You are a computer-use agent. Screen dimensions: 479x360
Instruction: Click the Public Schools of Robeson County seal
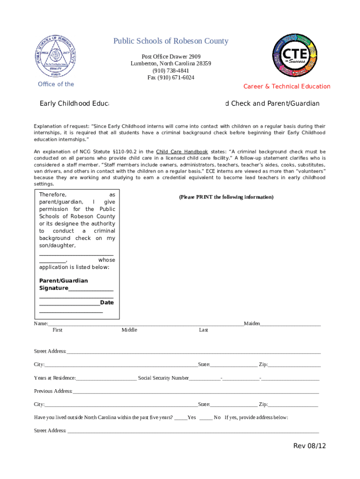click(x=55, y=57)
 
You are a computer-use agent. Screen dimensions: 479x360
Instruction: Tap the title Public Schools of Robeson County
click(x=171, y=41)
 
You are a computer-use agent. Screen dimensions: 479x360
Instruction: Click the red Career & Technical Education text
click(x=287, y=87)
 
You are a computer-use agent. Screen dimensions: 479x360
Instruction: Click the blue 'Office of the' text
click(x=56, y=84)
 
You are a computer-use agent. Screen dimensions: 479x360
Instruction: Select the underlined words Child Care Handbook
click(x=182, y=152)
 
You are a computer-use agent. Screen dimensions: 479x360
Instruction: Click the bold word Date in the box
click(x=107, y=303)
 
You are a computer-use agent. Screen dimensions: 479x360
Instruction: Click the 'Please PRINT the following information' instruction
click(x=226, y=197)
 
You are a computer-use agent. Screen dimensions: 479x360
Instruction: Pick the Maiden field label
click(x=252, y=323)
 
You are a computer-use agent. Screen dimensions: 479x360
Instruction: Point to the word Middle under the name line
click(x=130, y=330)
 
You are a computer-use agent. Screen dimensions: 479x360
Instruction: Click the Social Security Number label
click(x=164, y=378)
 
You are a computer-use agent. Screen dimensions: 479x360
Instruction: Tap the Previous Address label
click(x=53, y=391)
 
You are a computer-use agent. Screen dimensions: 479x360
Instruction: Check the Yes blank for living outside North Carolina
click(x=180, y=417)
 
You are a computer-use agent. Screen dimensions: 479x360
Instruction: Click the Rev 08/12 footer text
click(x=309, y=446)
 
